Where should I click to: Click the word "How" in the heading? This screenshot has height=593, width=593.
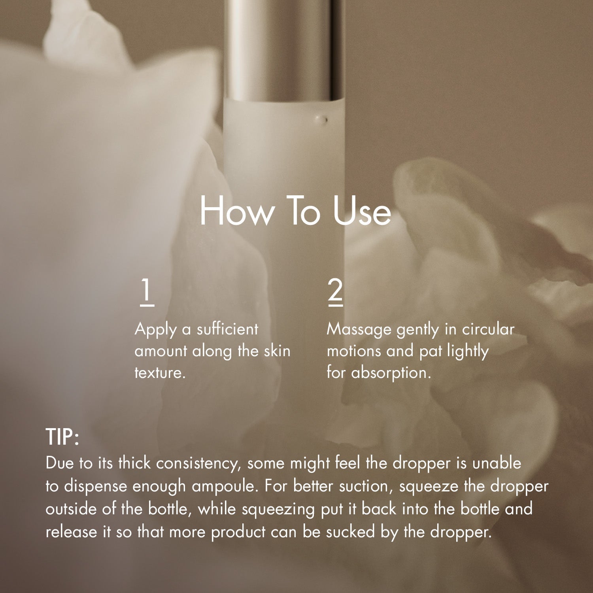(236, 211)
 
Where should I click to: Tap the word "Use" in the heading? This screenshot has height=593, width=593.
(362, 211)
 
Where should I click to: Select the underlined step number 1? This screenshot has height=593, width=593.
(147, 292)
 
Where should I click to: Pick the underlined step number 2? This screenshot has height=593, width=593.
(335, 292)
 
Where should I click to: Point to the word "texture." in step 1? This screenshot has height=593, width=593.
(160, 373)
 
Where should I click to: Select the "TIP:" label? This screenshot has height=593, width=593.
(62, 437)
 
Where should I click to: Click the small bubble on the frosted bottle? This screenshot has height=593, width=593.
(325, 119)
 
